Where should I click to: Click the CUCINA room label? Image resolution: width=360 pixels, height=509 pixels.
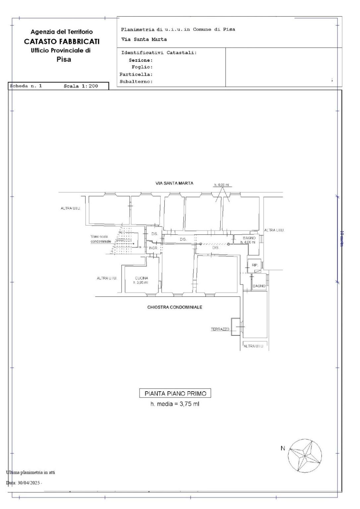pos(142,278)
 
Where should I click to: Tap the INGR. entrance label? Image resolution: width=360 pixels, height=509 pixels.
pos(153,248)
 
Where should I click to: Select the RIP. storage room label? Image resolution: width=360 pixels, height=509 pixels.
pos(255,265)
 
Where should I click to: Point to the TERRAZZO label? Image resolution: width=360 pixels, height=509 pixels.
pos(220,329)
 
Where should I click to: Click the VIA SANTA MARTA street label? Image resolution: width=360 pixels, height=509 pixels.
pos(174,183)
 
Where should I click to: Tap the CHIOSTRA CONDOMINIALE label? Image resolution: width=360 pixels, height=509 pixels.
pos(175,307)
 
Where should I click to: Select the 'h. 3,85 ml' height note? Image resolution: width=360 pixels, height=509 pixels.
pos(141,283)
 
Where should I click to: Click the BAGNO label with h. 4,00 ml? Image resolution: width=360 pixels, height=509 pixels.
pos(249,238)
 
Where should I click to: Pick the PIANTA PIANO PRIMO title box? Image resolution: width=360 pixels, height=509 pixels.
pos(175,394)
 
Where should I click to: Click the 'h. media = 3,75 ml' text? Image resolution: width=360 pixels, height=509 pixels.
pos(175,404)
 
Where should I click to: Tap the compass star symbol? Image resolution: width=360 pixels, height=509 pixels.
pos(305,456)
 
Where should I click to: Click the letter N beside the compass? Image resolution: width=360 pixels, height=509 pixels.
pos(283,449)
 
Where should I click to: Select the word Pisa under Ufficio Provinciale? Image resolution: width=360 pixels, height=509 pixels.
pos(64,60)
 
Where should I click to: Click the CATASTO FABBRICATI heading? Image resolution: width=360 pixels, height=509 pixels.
pos(62,41)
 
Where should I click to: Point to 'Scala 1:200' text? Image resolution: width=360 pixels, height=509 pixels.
pos(81,86)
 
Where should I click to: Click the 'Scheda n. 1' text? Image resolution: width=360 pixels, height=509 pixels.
pos(26,86)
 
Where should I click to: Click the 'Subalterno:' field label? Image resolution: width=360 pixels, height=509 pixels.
pos(136,82)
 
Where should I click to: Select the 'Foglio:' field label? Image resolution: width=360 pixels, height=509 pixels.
pos(142,67)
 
